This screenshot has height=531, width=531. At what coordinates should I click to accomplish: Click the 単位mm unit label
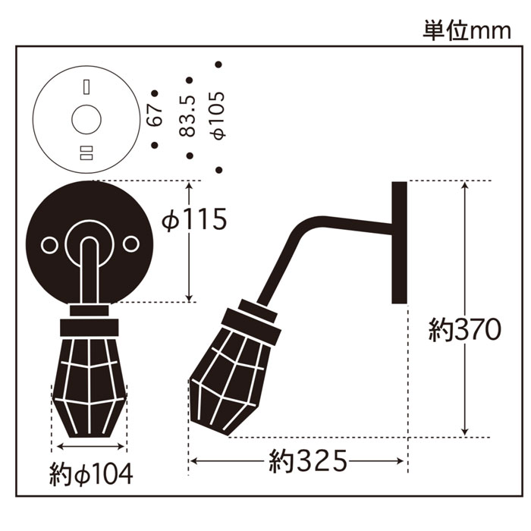tap(467, 31)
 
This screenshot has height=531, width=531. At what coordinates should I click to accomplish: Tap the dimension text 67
tap(156, 115)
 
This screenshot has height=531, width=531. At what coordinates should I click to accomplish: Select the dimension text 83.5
tap(188, 116)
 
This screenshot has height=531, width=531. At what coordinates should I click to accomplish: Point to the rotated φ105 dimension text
tap(218, 115)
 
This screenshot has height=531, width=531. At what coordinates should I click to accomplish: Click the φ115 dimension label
tap(194, 219)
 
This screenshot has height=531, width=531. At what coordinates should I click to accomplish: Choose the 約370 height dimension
tap(464, 330)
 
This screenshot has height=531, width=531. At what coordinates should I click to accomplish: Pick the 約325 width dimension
tap(308, 460)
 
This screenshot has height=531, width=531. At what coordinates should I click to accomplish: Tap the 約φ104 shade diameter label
tap(91, 474)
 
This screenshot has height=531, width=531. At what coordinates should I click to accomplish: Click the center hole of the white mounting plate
tap(86, 120)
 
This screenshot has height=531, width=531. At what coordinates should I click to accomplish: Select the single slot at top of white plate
tap(86, 87)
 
